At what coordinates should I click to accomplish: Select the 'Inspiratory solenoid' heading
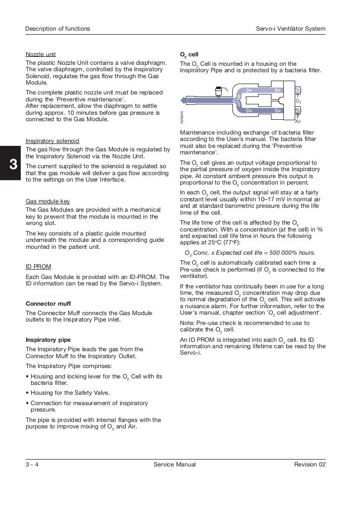click(52, 141)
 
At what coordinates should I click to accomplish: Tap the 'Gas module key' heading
click(47, 201)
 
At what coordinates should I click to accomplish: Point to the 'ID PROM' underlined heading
click(38, 266)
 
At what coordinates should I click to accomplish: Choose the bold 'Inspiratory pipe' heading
click(48, 340)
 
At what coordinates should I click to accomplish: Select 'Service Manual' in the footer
click(175, 464)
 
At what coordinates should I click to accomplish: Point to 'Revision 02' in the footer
click(310, 464)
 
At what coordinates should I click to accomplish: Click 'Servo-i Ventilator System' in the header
click(288, 29)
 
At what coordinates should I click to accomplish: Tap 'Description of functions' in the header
click(58, 29)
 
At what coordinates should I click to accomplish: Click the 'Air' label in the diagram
click(298, 121)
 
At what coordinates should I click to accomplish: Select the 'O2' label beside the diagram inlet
click(298, 101)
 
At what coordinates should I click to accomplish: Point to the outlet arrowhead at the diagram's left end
click(183, 100)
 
